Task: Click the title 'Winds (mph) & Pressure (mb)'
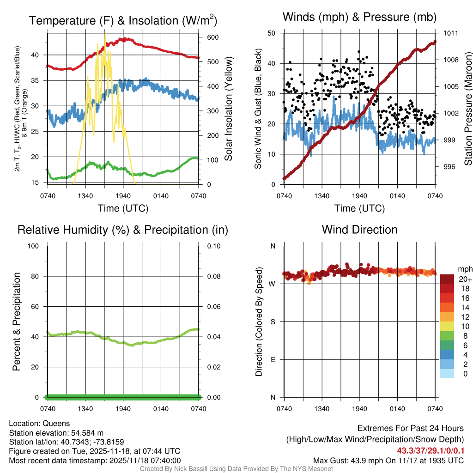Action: tap(359, 18)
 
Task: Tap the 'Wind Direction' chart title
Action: tap(359, 230)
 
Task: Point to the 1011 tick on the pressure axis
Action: tap(451, 33)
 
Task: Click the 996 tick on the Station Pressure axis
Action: tap(449, 167)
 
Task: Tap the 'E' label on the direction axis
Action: tap(272, 359)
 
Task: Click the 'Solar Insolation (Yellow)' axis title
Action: tap(228, 109)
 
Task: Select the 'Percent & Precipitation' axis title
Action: tap(16, 321)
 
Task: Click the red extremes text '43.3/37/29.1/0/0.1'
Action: tap(431, 450)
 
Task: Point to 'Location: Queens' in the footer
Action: tap(39, 424)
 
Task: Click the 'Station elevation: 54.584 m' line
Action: tap(53, 433)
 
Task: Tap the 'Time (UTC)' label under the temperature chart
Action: tap(123, 208)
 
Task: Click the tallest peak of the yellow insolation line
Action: tap(104, 35)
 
